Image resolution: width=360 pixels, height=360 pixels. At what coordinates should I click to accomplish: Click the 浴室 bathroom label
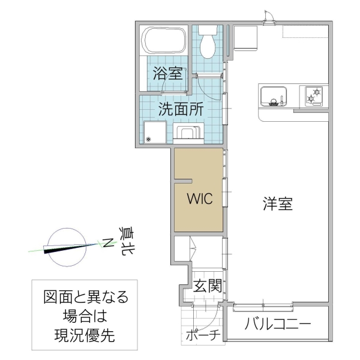coord(167,74)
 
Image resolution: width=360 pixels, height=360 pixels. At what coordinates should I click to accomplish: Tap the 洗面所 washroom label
coord(180,109)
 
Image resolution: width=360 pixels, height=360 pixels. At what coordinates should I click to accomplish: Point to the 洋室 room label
coord(277,204)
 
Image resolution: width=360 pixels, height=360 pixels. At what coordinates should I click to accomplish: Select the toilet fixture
coord(208,42)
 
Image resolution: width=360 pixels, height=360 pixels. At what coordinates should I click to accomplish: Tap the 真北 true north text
coord(127,241)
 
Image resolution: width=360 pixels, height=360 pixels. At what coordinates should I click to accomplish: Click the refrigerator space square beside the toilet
coord(244,40)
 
